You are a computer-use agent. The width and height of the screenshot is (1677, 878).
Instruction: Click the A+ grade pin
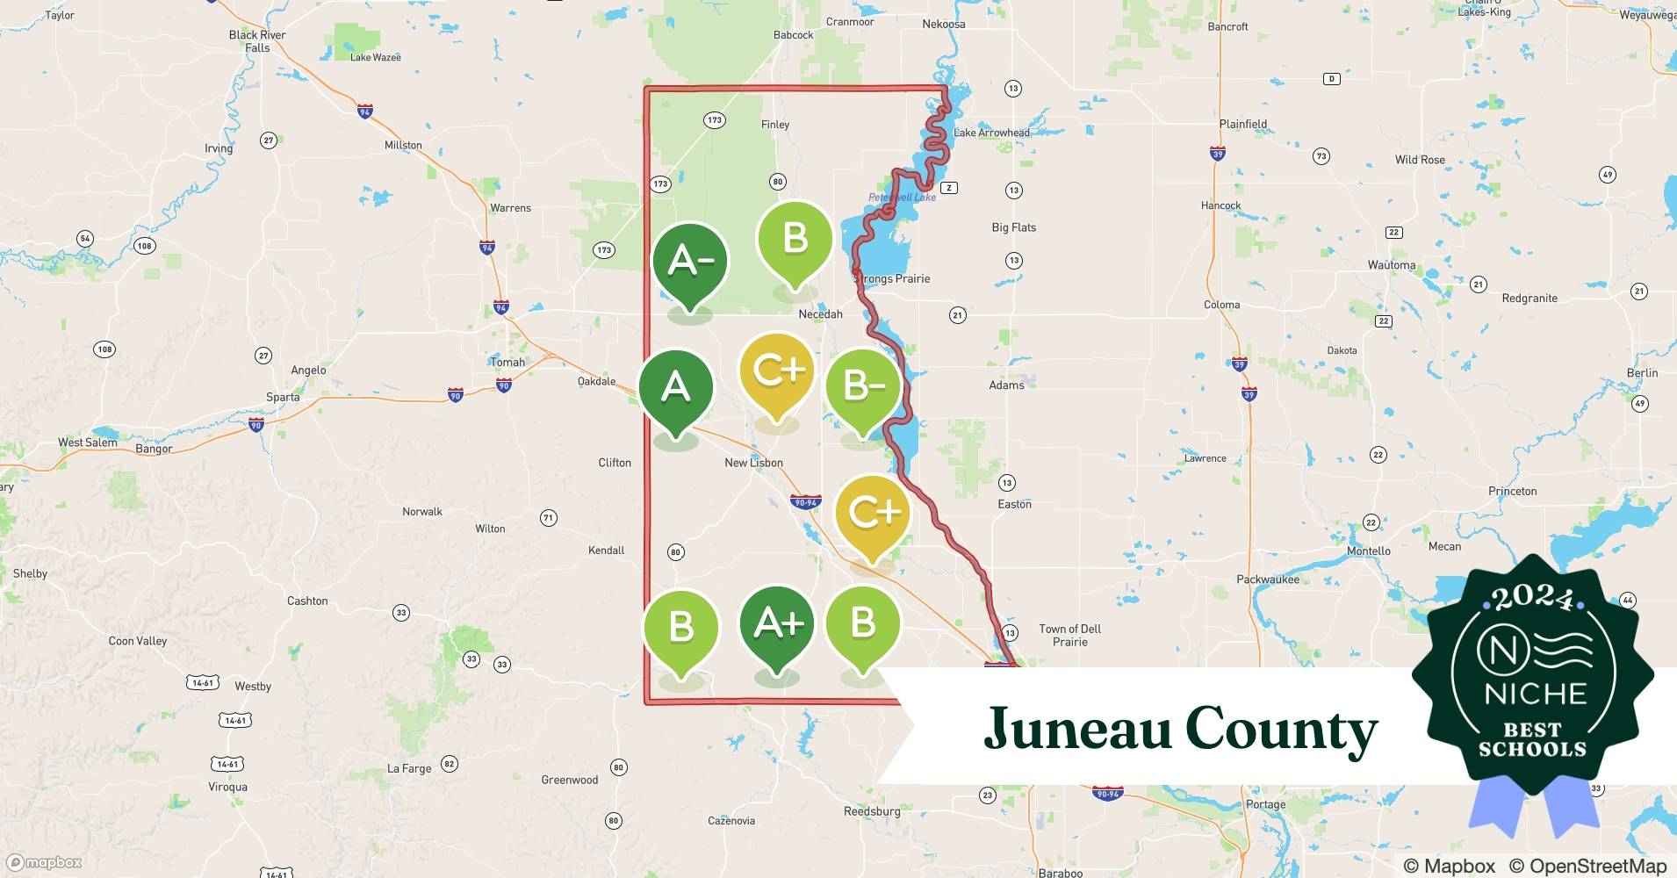[777, 624]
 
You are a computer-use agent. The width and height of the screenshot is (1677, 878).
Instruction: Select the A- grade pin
[690, 261]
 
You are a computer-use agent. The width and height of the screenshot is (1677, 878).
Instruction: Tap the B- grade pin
[863, 386]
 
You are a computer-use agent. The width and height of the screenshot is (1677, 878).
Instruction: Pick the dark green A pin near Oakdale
[675, 386]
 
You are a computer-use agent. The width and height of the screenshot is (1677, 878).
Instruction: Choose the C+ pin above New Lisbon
[776, 371]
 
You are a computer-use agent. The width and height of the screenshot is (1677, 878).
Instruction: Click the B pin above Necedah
[795, 239]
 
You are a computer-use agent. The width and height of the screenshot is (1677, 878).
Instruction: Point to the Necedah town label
[820, 314]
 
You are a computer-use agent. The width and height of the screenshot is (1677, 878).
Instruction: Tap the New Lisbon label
[753, 463]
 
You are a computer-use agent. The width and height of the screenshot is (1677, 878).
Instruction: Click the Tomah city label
[507, 362]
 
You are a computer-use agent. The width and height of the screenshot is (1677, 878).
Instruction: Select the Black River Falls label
[257, 41]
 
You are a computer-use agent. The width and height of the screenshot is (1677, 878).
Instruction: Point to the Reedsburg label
[872, 811]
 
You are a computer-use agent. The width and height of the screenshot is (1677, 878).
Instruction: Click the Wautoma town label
[1392, 265]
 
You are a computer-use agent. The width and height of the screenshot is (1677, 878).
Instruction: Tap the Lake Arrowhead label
[991, 133]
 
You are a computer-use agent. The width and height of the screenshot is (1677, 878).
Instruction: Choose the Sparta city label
[283, 397]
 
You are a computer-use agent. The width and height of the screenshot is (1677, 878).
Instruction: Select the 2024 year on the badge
[1533, 600]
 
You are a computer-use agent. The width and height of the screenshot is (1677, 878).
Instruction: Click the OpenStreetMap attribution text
[1587, 866]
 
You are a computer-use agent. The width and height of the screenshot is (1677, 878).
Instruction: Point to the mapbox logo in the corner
[44, 863]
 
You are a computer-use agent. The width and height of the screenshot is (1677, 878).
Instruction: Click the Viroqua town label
[227, 787]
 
